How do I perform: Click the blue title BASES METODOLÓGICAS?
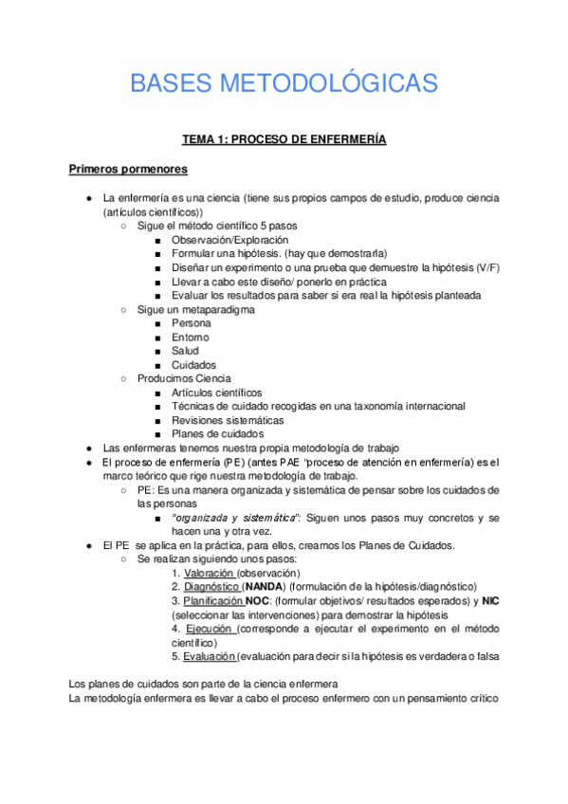284,83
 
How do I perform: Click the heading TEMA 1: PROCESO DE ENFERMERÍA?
284,139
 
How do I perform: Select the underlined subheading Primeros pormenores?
128,170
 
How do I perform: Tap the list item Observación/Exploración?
229,240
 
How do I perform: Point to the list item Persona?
192,323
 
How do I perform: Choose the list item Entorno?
191,338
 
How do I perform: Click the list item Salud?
186,351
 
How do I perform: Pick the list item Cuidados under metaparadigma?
193,365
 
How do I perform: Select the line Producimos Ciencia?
184,378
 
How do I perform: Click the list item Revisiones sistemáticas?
228,420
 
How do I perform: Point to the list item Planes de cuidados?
217,434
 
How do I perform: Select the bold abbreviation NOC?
257,601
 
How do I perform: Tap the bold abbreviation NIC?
490,601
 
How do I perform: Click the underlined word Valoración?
209,574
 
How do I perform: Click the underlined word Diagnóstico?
211,587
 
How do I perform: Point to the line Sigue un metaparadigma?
195,309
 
